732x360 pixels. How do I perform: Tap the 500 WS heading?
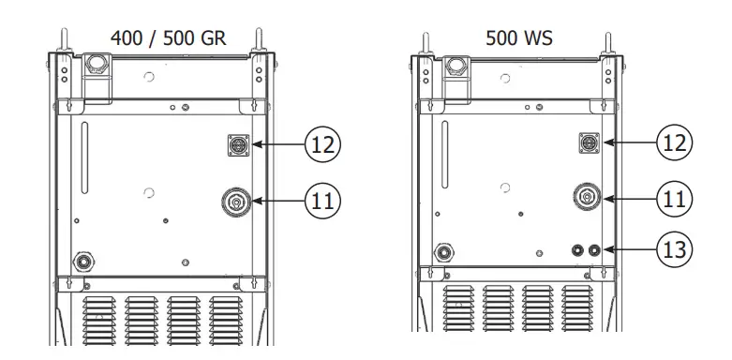(x=518, y=38)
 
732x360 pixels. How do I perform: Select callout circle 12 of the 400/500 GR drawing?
(x=321, y=144)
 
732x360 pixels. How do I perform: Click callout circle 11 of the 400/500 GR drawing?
(x=321, y=199)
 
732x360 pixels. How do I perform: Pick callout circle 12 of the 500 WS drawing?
(x=675, y=142)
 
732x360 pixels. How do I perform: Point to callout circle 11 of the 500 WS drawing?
(x=675, y=198)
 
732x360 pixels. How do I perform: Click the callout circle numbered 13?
(x=675, y=249)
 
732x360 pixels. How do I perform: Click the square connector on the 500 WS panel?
(x=591, y=142)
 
